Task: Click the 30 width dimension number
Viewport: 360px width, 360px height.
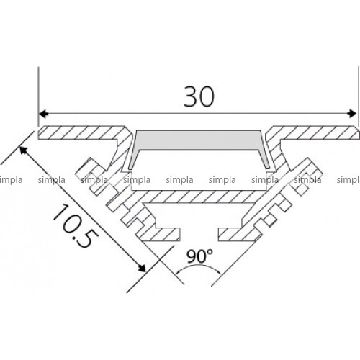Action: coord(199,96)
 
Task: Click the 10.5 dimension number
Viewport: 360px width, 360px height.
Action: coord(76,225)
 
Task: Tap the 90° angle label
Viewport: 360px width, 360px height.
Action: coord(199,256)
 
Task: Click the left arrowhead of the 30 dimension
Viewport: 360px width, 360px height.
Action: coord(42,114)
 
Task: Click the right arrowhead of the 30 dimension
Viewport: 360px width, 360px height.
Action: coord(353,114)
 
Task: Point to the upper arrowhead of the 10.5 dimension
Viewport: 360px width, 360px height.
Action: coord(23,150)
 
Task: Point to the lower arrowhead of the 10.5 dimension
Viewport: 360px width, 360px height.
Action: coord(142,269)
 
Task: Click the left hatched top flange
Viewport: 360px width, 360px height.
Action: coord(81,132)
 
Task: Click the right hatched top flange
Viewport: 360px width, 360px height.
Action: coord(312,132)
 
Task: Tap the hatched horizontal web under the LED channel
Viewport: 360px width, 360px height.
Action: coord(198,197)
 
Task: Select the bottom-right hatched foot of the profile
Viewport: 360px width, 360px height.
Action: coord(239,234)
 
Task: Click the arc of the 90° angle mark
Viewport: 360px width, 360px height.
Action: coord(198,266)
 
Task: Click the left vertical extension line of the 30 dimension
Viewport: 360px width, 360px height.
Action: coord(38,96)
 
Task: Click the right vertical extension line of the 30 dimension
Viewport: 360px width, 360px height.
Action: coord(359,96)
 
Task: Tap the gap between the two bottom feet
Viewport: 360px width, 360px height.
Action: coord(199,234)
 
